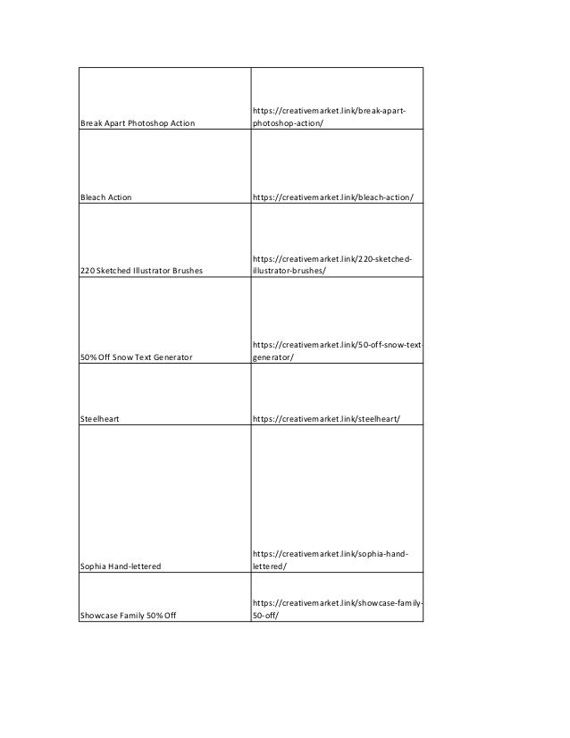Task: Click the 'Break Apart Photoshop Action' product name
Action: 138,122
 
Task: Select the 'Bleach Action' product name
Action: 106,197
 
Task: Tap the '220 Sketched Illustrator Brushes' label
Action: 142,270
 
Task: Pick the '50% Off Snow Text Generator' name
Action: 136,356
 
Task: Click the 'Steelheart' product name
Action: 101,417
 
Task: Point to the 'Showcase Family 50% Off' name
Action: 128,614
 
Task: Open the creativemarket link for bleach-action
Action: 333,197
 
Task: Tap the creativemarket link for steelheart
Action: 326,417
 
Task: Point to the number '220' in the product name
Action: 88,270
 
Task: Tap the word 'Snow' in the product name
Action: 124,356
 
